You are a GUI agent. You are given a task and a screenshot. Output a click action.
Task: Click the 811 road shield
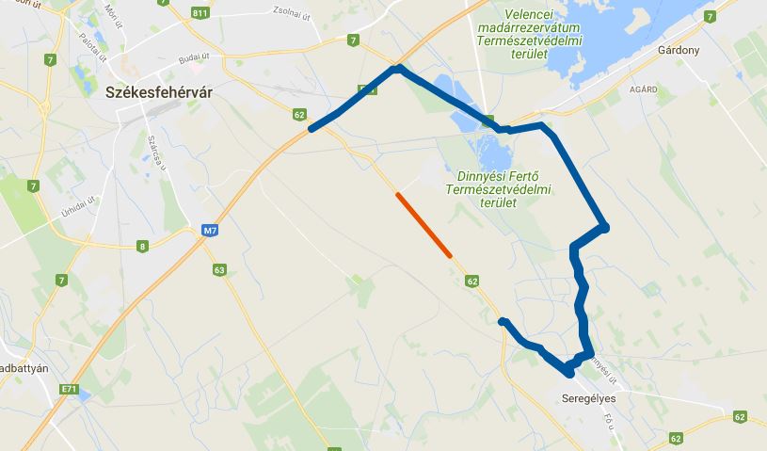(x=199, y=13)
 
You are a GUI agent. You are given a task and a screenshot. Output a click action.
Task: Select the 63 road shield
(x=219, y=270)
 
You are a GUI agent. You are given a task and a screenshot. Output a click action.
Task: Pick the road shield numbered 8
(x=143, y=247)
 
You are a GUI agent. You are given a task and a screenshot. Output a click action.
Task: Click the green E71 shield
(x=68, y=388)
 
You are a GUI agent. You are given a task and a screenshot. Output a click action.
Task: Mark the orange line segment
(x=423, y=224)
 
